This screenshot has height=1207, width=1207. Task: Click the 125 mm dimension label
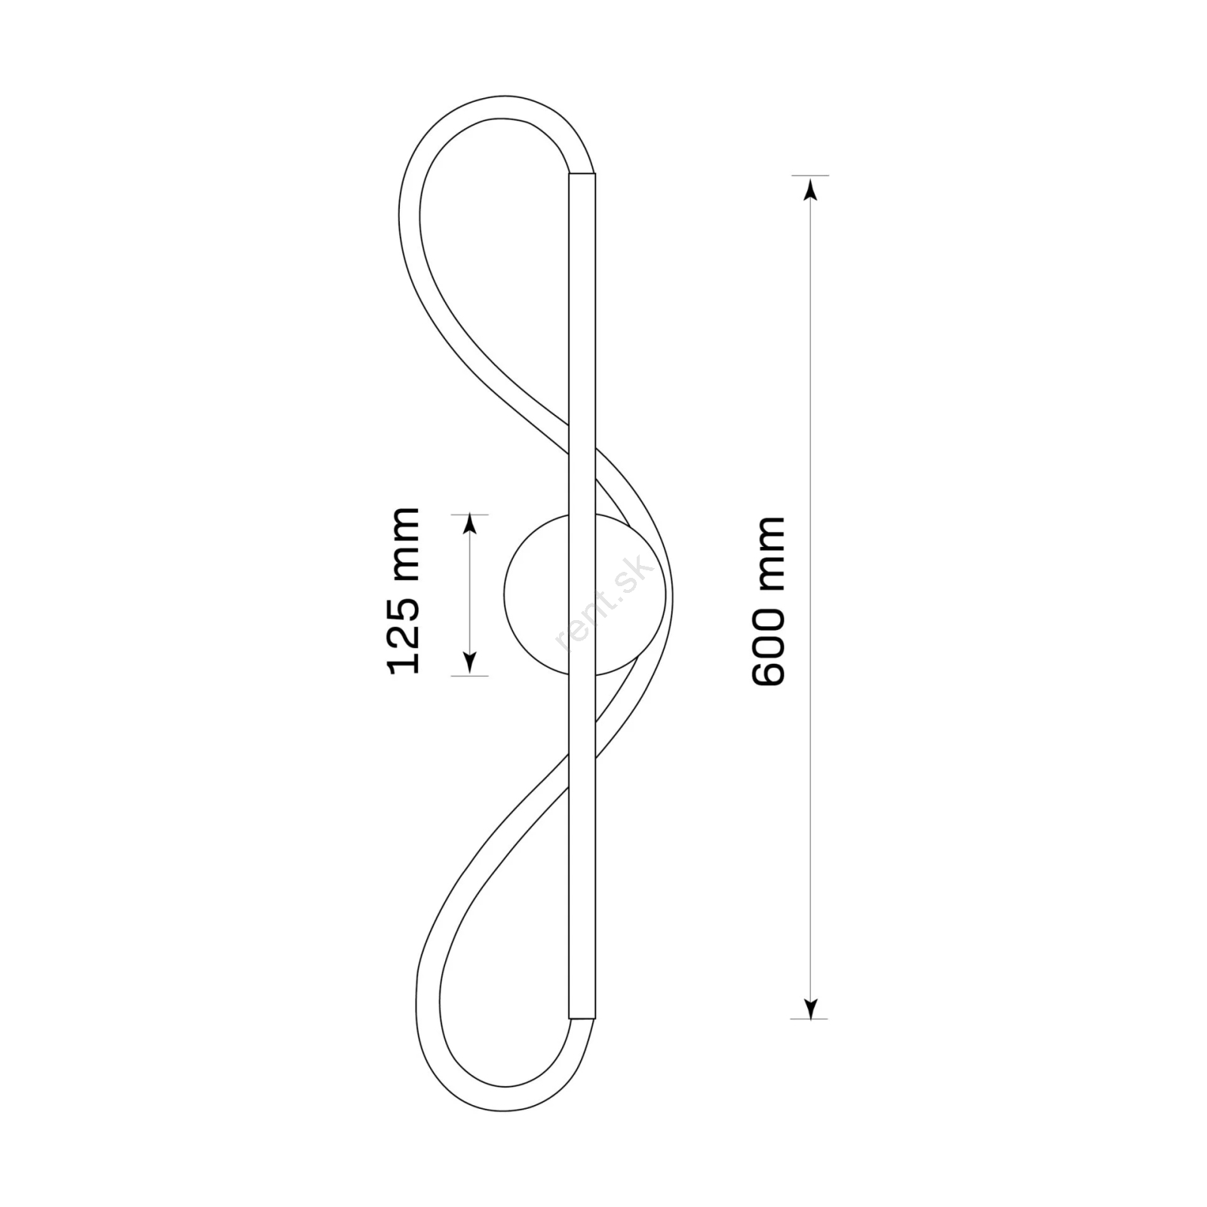(x=403, y=591)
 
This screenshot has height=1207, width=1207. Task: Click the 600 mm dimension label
(x=769, y=601)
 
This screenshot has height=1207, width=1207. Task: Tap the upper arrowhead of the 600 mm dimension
(x=811, y=189)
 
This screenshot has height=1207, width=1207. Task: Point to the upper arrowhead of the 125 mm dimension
(x=470, y=525)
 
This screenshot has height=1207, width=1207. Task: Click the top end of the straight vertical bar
(x=582, y=174)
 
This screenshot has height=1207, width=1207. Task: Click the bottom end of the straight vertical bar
(x=582, y=1018)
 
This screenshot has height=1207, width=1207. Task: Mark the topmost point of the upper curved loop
(x=504, y=96)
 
